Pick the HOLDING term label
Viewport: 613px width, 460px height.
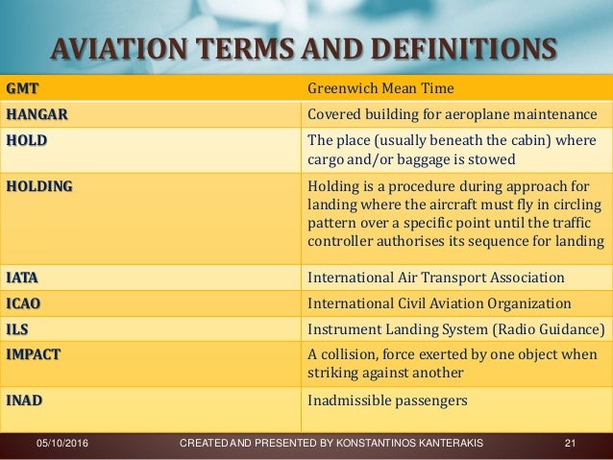38,185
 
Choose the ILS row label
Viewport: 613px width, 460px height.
19,329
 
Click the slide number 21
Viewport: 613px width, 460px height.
570,443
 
